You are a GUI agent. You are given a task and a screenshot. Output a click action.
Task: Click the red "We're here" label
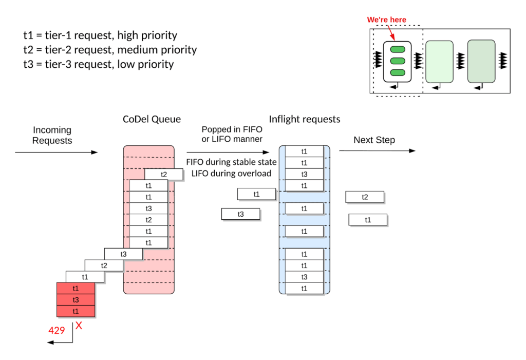click(386, 20)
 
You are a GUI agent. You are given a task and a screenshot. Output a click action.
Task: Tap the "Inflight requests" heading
click(305, 119)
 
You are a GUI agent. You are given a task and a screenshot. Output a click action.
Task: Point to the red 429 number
click(57, 330)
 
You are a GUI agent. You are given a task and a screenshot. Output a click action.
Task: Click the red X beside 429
click(79, 326)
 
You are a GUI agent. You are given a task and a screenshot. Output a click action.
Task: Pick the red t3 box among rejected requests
click(76, 300)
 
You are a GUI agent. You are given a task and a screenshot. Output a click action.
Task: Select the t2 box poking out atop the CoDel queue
click(164, 175)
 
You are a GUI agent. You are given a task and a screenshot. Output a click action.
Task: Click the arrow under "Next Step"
click(377, 151)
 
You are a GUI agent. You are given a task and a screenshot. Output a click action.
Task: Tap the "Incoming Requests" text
click(52, 135)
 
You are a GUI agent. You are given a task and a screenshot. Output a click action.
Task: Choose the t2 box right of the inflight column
click(365, 197)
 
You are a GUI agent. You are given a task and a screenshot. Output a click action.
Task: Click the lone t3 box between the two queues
click(240, 214)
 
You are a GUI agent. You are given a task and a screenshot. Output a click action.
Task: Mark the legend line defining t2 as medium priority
click(110, 50)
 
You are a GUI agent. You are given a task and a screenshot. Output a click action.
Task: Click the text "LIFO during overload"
click(231, 173)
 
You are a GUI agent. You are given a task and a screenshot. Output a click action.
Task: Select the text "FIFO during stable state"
click(231, 162)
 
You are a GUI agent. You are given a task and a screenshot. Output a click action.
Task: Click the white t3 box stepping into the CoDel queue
click(123, 254)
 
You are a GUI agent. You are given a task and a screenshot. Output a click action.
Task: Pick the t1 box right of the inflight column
click(368, 220)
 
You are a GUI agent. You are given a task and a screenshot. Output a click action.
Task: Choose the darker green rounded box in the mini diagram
click(481, 61)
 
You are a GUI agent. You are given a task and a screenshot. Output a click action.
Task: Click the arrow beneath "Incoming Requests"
click(57, 153)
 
